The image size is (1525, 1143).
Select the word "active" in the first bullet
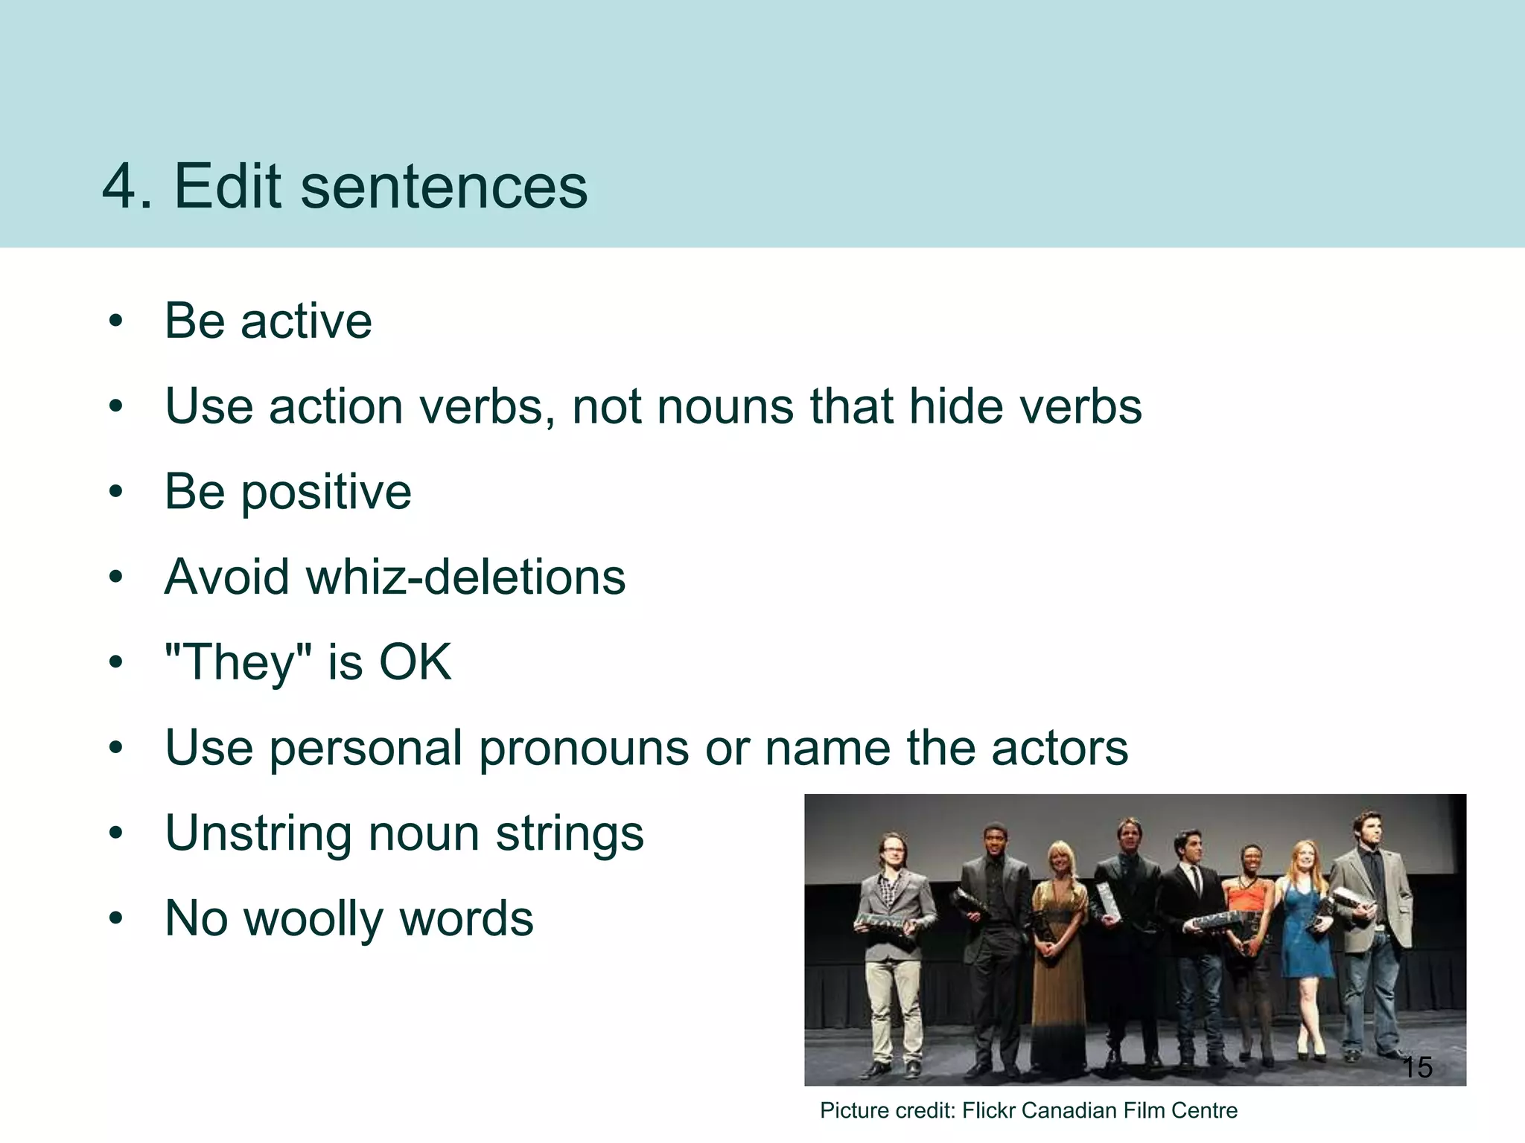306,321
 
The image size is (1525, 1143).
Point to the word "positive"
325,493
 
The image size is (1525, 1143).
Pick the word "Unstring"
258,833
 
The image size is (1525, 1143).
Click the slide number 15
1417,1067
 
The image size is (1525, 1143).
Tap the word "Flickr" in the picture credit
988,1110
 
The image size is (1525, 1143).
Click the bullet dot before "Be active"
115,322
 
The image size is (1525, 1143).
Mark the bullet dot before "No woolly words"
115,920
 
